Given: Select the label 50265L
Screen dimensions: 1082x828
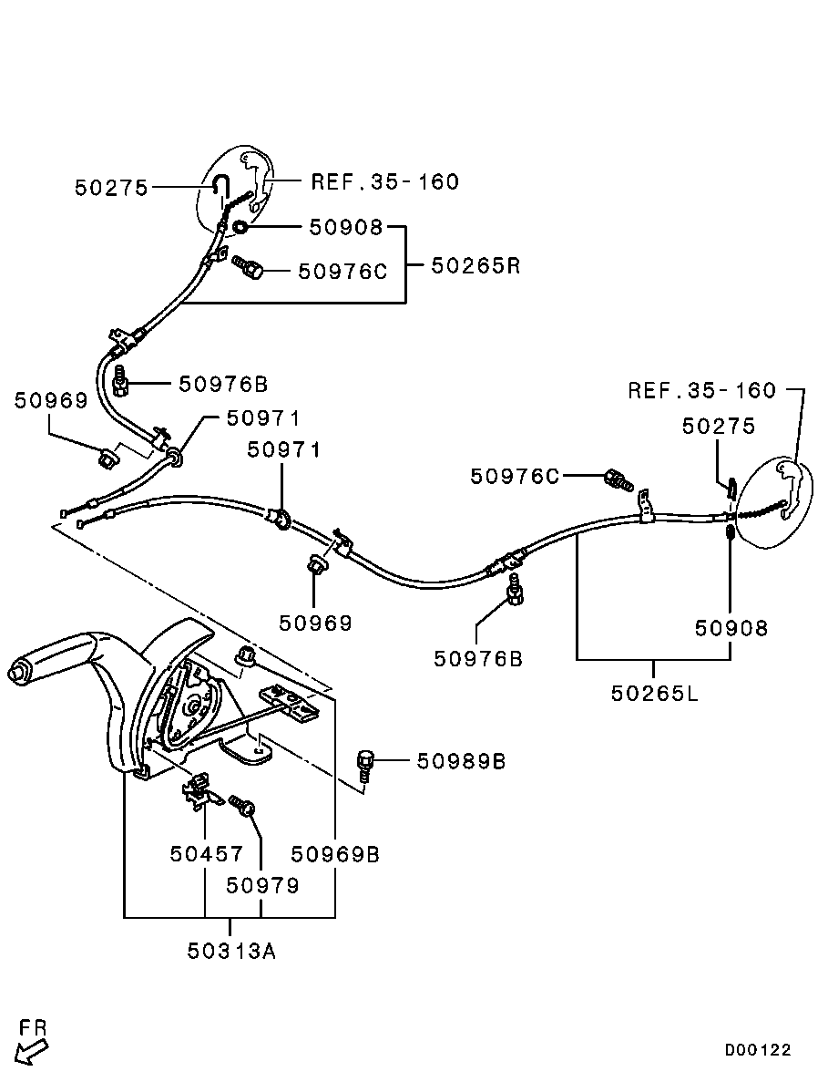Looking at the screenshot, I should [654, 693].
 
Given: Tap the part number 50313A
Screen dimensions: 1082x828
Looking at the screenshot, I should [231, 951].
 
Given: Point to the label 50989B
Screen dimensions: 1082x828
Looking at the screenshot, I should [461, 760].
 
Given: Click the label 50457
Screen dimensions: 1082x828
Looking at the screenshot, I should [207, 854].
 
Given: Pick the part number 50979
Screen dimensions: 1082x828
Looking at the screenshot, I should [262, 885].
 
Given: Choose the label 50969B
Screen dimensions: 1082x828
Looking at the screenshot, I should [335, 854].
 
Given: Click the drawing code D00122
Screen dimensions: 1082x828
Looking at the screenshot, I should [758, 1049].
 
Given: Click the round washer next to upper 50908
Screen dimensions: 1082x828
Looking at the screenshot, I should [240, 227].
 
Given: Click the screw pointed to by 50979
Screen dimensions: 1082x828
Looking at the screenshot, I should [242, 806].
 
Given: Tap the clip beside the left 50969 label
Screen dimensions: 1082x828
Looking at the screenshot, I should [108, 455].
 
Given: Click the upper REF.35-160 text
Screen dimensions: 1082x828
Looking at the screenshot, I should [384, 181].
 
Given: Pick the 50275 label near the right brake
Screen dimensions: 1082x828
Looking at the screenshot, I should [719, 426].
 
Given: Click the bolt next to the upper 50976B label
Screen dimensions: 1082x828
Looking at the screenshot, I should [122, 383].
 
